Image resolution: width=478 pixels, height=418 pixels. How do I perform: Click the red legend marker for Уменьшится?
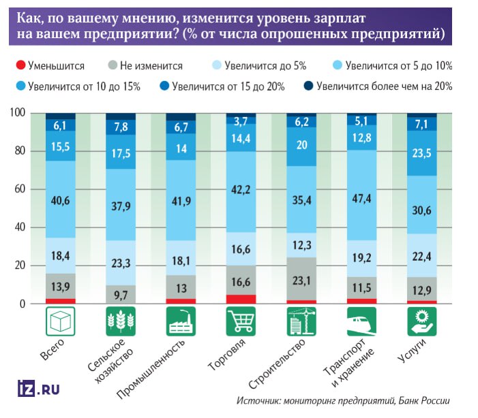20,66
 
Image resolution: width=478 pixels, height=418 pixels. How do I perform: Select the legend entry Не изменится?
151,66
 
